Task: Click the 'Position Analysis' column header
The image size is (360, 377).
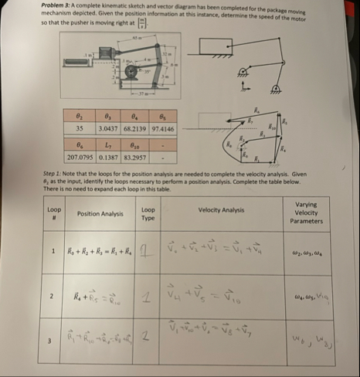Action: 100,212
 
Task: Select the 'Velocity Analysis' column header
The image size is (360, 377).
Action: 221,209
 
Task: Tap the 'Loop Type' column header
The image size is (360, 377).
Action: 148,212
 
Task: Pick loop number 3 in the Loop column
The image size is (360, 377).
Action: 51,337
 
